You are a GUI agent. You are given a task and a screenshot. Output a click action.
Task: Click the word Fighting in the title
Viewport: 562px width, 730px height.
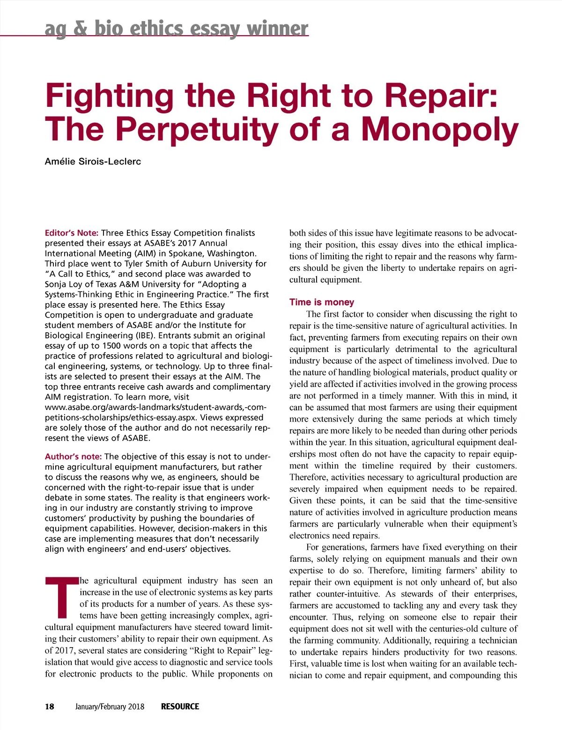pos(109,96)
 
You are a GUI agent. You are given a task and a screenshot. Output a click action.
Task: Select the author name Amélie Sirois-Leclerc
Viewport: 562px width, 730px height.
pos(93,162)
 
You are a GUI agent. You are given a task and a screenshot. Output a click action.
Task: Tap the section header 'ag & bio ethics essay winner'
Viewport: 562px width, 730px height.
pos(177,29)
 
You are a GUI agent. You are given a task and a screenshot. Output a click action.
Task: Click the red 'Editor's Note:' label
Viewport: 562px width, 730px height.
pos(71,233)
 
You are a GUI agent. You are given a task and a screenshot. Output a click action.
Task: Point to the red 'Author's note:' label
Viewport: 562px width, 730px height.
pos(73,456)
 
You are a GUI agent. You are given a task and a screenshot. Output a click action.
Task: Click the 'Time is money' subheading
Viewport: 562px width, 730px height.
pos(322,302)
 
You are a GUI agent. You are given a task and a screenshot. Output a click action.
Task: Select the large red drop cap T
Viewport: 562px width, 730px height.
pos(61,598)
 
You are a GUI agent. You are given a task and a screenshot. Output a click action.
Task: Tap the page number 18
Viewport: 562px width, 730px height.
pos(50,707)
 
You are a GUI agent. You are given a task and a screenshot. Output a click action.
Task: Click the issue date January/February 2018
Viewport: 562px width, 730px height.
pos(110,707)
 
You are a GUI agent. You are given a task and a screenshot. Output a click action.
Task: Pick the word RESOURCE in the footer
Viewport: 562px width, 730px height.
pos(180,707)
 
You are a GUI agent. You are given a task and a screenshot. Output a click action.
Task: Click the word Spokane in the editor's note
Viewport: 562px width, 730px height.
pos(186,253)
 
